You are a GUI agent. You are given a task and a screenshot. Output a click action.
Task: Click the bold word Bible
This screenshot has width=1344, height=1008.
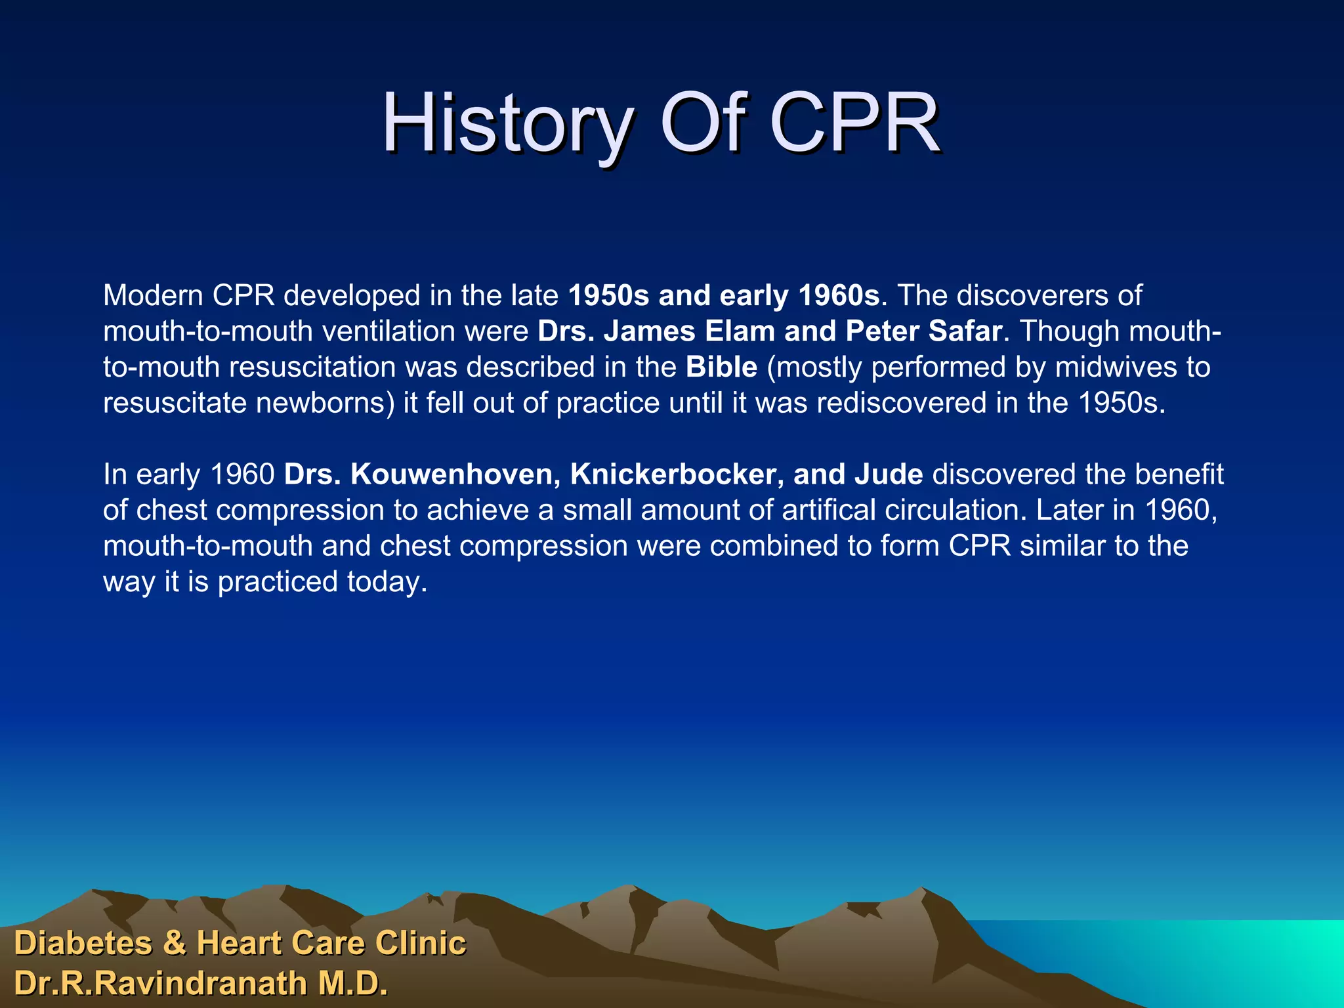(x=721, y=367)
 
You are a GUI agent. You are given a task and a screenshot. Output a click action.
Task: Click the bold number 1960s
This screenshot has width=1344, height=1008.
(x=838, y=296)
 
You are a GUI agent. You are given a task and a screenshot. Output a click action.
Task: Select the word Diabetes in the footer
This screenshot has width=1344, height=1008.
(x=83, y=944)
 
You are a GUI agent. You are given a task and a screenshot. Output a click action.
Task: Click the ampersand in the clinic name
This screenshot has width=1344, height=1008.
(x=174, y=944)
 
